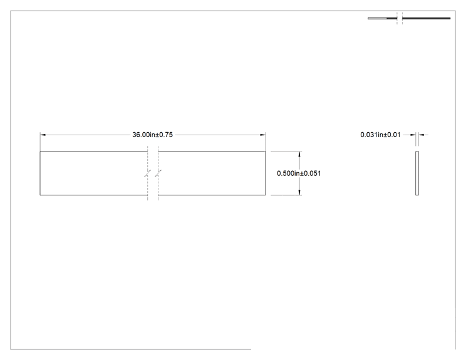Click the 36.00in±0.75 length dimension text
pyautogui.click(x=152, y=135)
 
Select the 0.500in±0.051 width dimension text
pyautogui.click(x=299, y=173)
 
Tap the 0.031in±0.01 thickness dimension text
pyautogui.click(x=380, y=135)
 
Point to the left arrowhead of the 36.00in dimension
pyautogui.click(x=43, y=135)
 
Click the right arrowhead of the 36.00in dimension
pyautogui.click(x=262, y=135)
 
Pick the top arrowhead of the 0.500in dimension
pyautogui.click(x=299, y=154)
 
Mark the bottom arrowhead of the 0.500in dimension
pyautogui.click(x=299, y=192)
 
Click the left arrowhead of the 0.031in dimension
pyautogui.click(x=413, y=135)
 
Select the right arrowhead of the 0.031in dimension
pyautogui.click(x=421, y=135)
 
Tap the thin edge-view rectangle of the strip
pyautogui.click(x=417, y=173)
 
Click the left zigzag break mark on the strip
pyautogui.click(x=148, y=173)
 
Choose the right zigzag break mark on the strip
pyautogui.click(x=158, y=173)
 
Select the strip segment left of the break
pyautogui.click(x=93, y=173)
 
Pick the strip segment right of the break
pyautogui.click(x=212, y=173)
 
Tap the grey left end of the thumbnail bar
pyautogui.click(x=378, y=18)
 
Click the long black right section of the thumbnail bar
pyautogui.click(x=427, y=18)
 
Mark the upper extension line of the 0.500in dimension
pyautogui.click(x=286, y=152)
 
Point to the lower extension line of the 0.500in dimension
pyautogui.click(x=286, y=195)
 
